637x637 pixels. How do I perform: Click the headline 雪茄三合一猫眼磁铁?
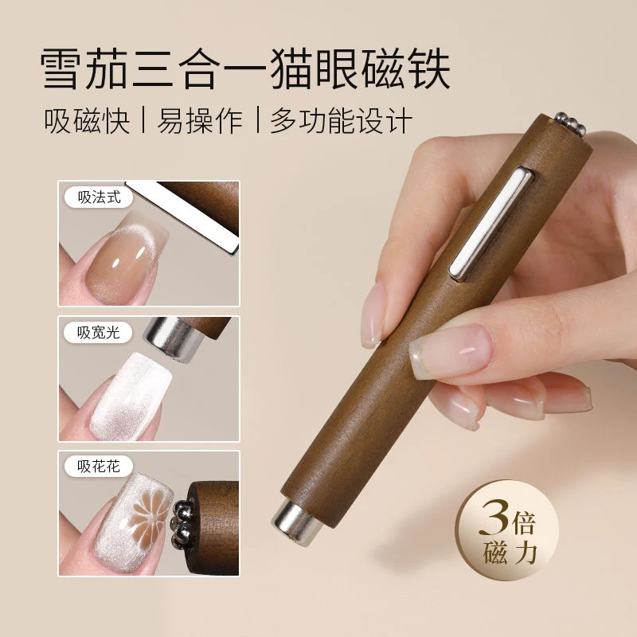[x=245, y=70]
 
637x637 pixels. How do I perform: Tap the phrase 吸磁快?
[x=88, y=122]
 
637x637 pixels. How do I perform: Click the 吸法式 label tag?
[x=99, y=198]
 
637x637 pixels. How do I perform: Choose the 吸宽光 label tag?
[x=99, y=333]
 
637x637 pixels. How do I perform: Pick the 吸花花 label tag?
[x=99, y=467]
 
